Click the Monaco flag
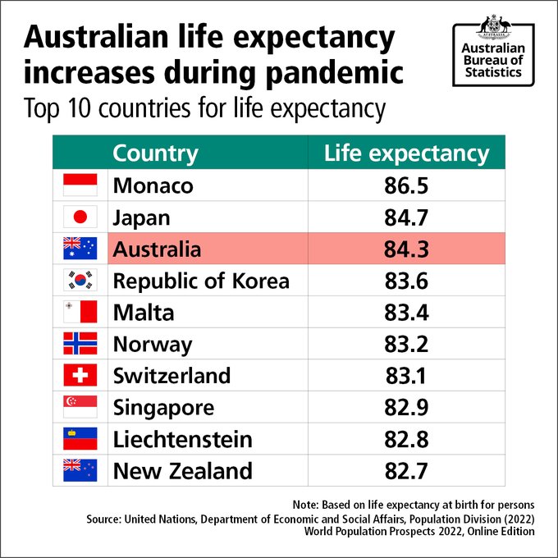coord(80,185)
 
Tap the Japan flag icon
coord(80,217)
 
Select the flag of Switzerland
coord(80,376)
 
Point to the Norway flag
coord(80,344)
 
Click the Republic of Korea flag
coord(80,281)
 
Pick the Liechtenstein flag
coord(80,439)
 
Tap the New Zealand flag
coord(80,470)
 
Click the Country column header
coord(155,153)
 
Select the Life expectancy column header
coord(406,153)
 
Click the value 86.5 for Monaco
coord(406,185)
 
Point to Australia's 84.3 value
coord(406,249)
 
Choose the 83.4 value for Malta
coord(406,313)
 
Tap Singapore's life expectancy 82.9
coord(406,408)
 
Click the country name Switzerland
coord(172,376)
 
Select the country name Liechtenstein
coord(182,439)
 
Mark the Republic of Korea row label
coord(201,281)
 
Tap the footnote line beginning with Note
coord(414,503)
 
